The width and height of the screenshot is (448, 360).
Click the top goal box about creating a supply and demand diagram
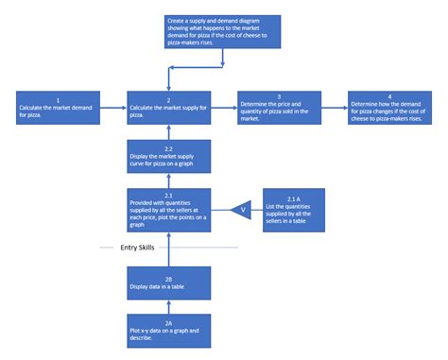(222, 31)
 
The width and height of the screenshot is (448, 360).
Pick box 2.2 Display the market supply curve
(168, 157)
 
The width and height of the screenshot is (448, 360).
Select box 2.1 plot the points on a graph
(168, 210)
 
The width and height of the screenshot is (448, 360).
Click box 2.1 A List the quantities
(295, 210)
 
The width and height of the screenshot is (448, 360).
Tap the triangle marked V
(242, 210)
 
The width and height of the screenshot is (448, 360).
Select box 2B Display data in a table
(168, 284)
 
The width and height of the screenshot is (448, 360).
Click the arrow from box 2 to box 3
(223, 109)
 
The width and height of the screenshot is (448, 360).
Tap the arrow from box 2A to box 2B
(168, 307)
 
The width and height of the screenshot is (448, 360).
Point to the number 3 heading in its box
(279, 97)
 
